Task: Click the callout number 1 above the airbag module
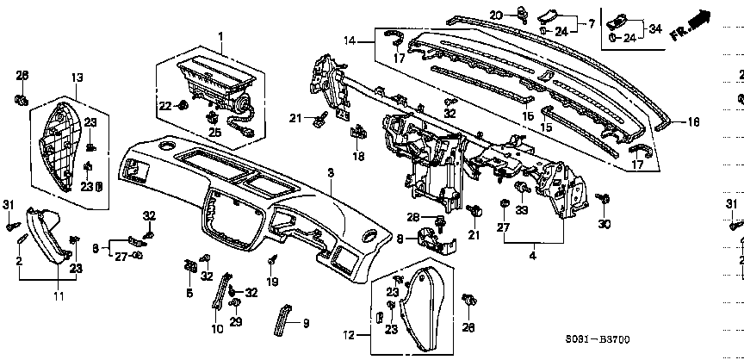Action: pyautogui.click(x=220, y=35)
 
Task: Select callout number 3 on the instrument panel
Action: pyautogui.click(x=330, y=173)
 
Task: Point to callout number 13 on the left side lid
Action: pyautogui.click(x=77, y=78)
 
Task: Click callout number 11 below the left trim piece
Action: pyautogui.click(x=59, y=296)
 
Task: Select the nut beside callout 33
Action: pyautogui.click(x=521, y=187)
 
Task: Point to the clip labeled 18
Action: pyautogui.click(x=356, y=133)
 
